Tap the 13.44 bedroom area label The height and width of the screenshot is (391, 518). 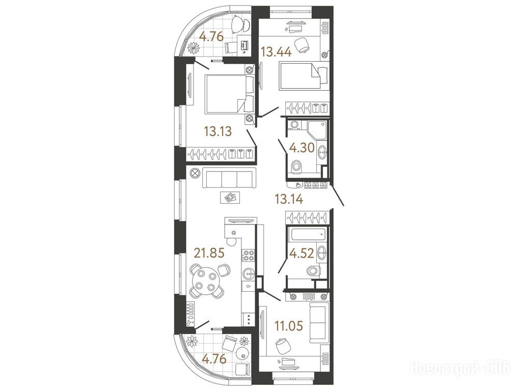point(276,51)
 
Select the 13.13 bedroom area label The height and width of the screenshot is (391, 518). point(217,131)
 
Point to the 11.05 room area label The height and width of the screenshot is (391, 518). point(289,326)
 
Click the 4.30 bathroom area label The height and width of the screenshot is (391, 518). point(302,148)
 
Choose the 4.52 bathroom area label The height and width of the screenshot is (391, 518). point(302,254)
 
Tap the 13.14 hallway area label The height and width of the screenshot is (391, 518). point(289,199)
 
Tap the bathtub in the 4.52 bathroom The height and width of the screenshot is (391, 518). point(308,235)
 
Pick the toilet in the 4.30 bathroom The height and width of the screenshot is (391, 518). point(296,166)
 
